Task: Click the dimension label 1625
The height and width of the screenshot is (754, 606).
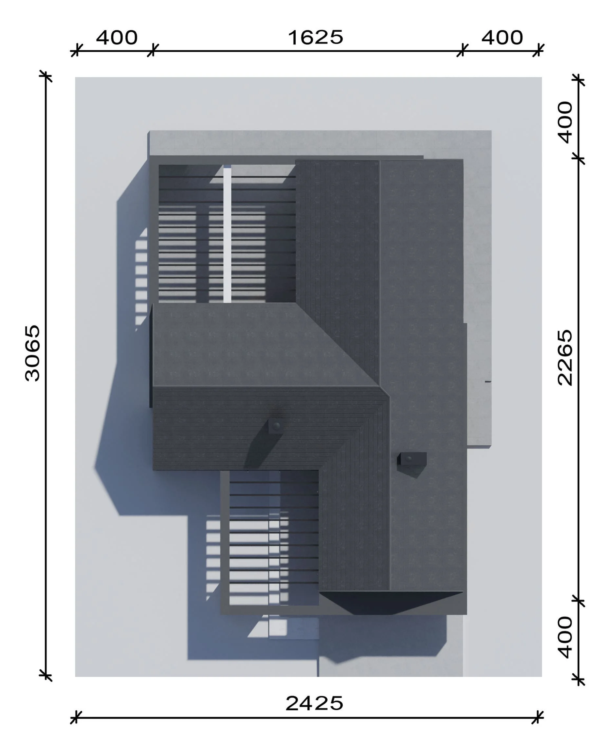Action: pos(315,38)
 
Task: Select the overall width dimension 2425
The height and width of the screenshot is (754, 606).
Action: pos(314,703)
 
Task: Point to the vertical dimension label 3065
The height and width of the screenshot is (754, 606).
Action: pos(33,353)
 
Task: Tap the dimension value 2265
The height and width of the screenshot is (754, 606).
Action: pos(565,357)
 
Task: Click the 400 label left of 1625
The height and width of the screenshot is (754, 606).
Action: pos(117,38)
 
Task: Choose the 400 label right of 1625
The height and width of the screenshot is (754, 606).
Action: pos(502,38)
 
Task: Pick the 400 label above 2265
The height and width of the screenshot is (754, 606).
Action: pos(565,123)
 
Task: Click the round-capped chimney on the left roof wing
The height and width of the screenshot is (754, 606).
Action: pos(276,426)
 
